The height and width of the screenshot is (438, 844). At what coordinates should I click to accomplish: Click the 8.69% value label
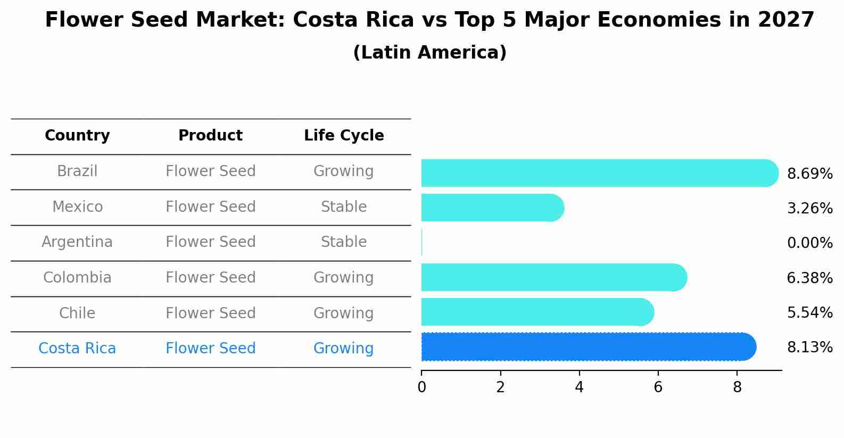[x=809, y=174]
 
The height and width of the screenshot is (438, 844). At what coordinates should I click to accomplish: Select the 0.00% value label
[x=809, y=243]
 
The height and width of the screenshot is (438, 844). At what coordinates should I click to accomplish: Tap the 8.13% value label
[x=809, y=348]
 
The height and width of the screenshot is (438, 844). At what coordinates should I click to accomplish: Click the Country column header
[x=77, y=136]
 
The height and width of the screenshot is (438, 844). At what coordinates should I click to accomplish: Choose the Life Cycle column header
[x=344, y=136]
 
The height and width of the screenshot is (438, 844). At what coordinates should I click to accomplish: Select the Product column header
[x=210, y=136]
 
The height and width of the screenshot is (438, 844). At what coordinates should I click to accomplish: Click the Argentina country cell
[x=77, y=242]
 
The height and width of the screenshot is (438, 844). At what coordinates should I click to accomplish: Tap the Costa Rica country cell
[x=77, y=349]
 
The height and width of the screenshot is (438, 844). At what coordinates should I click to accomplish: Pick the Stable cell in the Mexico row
[x=344, y=206]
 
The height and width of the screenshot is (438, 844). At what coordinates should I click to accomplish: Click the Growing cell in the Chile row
[x=344, y=313]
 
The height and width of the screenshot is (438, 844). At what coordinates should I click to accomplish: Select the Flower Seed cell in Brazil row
[x=210, y=171]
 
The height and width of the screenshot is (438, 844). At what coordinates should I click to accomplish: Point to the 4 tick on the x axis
[x=579, y=387]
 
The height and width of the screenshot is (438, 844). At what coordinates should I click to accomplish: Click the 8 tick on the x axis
[x=737, y=387]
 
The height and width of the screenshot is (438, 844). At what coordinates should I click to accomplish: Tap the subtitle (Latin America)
[x=429, y=53]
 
